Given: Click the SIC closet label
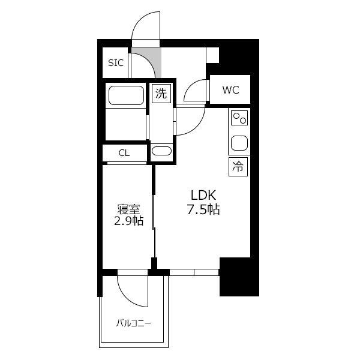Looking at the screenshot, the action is [x=116, y=62].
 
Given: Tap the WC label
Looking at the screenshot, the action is [x=231, y=90].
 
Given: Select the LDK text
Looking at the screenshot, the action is [x=203, y=195].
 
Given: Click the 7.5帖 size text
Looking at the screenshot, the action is [x=203, y=209].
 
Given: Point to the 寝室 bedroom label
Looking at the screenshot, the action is [x=128, y=209].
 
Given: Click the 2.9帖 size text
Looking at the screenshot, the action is [x=129, y=221].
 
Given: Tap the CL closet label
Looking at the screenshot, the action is [x=124, y=153].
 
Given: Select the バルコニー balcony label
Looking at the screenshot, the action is [x=133, y=323].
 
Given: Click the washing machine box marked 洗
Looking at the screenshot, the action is [x=161, y=94].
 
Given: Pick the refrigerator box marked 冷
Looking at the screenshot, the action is [x=238, y=167].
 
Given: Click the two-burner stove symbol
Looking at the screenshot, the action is [x=239, y=118].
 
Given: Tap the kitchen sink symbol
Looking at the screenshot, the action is [x=239, y=143].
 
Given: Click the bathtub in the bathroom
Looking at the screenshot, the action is [x=126, y=95].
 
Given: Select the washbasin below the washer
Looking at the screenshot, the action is [x=161, y=151].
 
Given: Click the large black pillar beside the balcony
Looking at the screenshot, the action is [x=239, y=277].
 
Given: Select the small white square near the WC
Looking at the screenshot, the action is [x=212, y=55].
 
